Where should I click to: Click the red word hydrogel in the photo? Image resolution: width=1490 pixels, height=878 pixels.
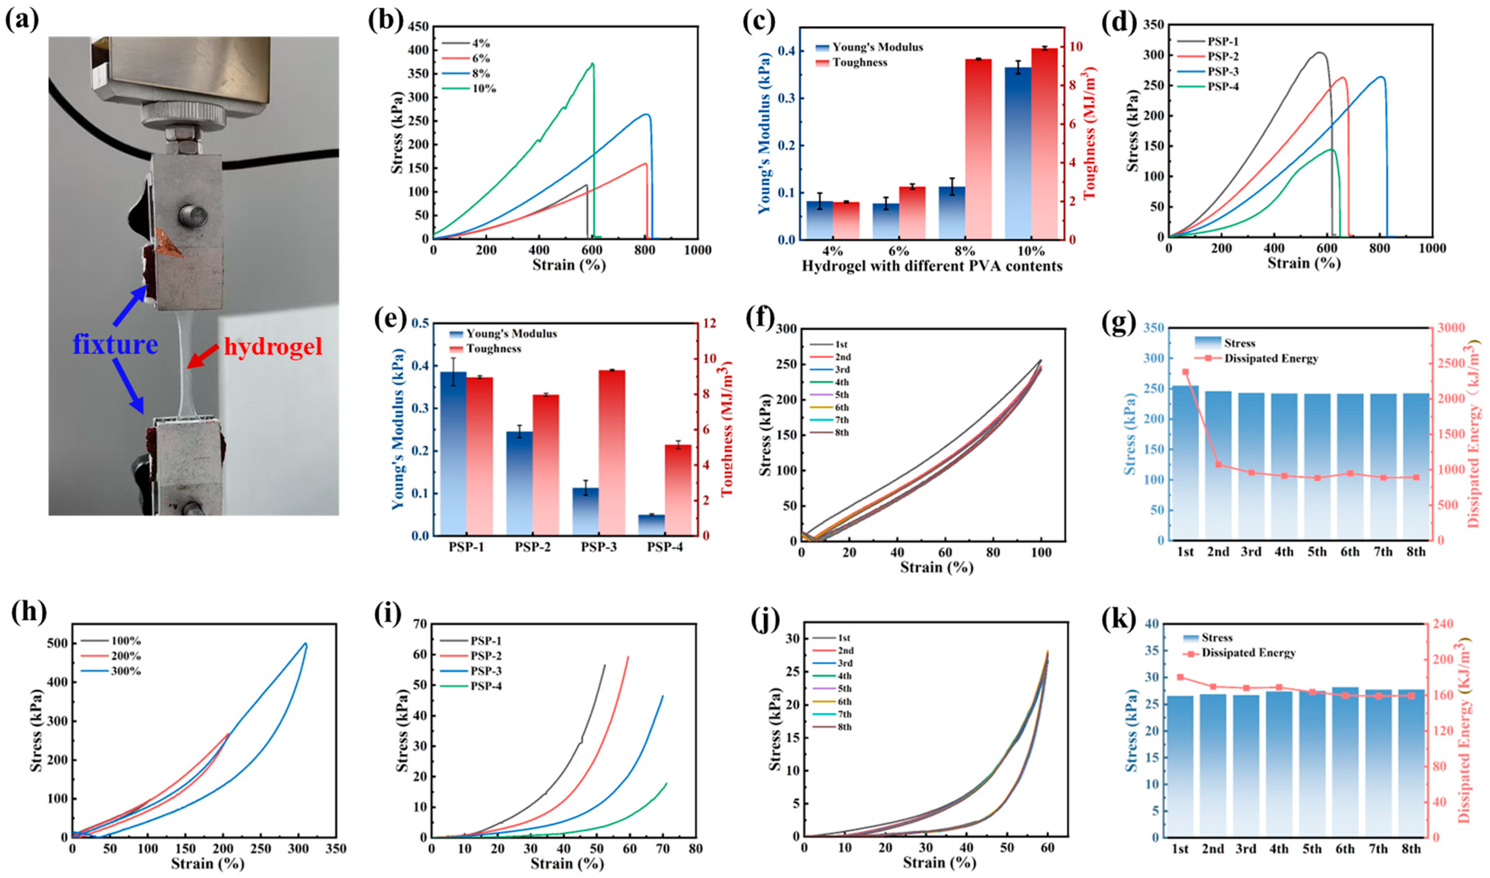pos(273,346)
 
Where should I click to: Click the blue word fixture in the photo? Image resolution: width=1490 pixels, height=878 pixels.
pos(115,344)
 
